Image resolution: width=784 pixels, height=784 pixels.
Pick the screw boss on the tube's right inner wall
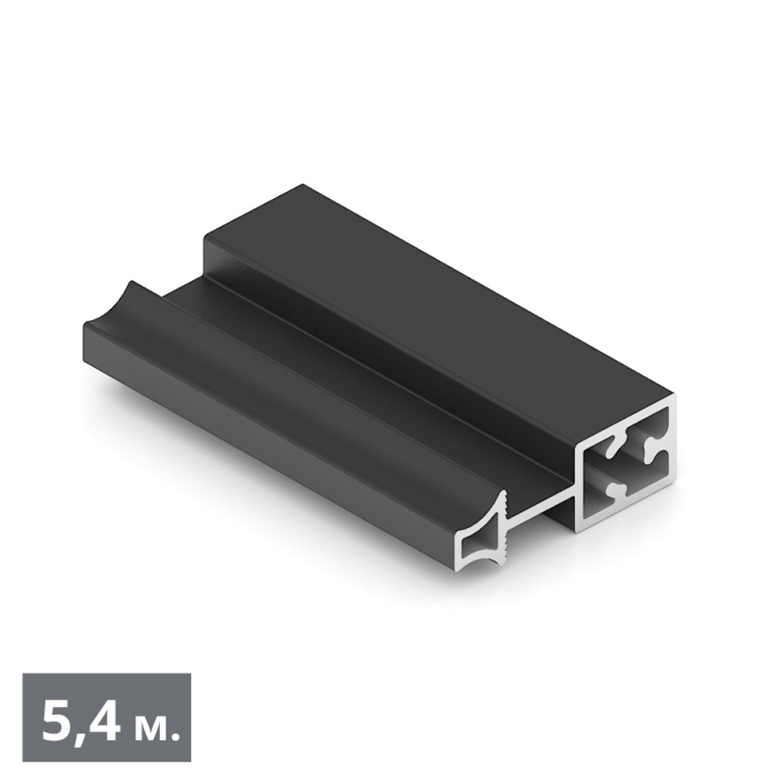click(653, 449)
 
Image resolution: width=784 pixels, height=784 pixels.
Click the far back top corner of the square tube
click(302, 186)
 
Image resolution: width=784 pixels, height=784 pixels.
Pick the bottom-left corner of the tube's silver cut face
click(578, 530)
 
